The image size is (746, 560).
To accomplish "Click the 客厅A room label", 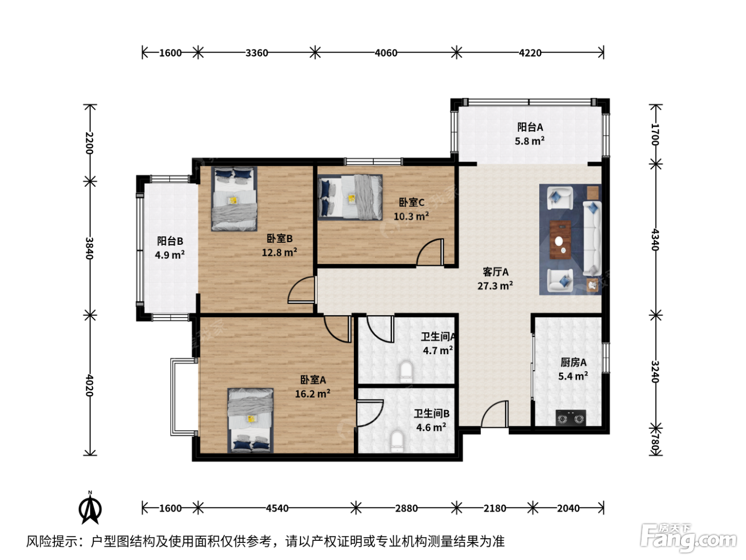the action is click(x=495, y=272).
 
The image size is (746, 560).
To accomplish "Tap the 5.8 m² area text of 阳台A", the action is click(x=530, y=141).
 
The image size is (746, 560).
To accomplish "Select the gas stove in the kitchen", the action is click(x=571, y=418).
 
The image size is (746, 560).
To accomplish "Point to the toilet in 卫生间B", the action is click(x=396, y=442).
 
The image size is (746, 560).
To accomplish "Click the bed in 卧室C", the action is click(x=350, y=197).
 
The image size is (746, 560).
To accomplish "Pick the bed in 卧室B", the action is click(x=234, y=198).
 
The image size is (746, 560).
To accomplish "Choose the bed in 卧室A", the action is click(x=250, y=420).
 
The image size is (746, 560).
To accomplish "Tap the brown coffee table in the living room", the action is click(x=560, y=239).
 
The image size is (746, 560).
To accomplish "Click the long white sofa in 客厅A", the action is click(x=593, y=238).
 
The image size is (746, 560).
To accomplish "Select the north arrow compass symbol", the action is click(x=90, y=508).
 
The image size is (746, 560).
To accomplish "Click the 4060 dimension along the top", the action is click(x=386, y=53).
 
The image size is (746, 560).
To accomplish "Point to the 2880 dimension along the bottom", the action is click(x=406, y=508).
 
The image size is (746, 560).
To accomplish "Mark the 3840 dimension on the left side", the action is click(x=90, y=248).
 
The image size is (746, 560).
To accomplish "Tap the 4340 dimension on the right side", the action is click(x=655, y=239).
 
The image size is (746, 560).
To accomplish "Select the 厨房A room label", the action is click(x=573, y=363).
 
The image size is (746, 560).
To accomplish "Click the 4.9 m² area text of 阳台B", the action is click(x=170, y=255).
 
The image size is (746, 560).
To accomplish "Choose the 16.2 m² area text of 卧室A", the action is click(x=313, y=394).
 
